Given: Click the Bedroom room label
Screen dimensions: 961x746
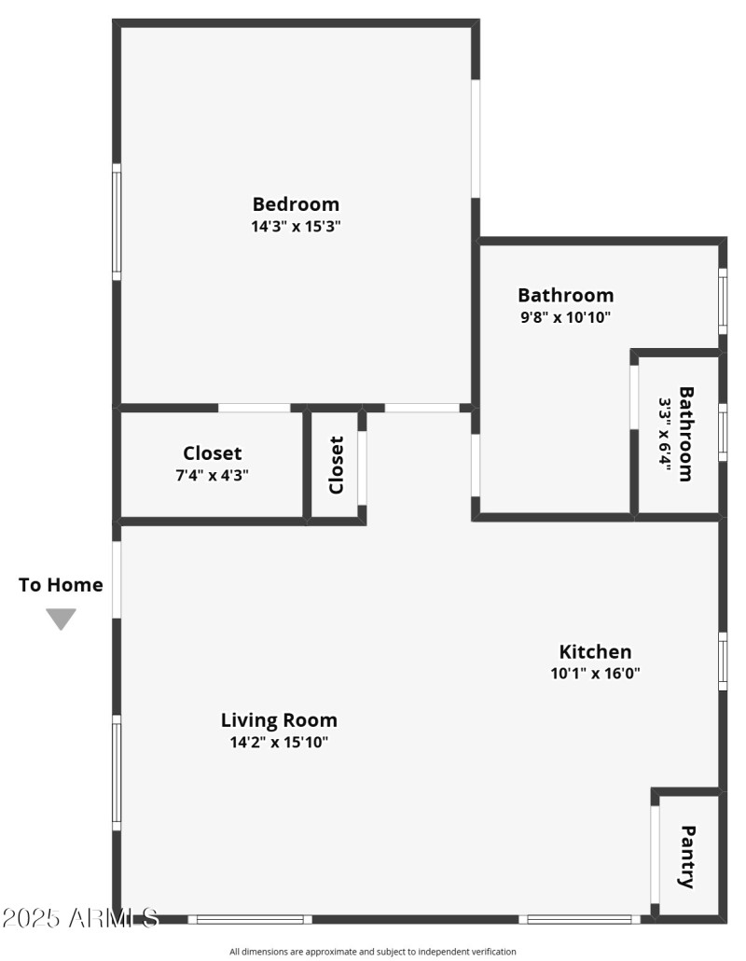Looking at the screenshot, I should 296,203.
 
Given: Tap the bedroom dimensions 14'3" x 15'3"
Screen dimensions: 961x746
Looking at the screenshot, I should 296,226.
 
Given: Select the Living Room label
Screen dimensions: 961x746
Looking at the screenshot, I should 279,720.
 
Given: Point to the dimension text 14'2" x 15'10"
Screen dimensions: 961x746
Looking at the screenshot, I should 279,743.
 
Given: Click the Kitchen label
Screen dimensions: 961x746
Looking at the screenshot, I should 595,651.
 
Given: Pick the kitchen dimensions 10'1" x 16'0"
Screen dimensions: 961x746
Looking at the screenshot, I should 595,673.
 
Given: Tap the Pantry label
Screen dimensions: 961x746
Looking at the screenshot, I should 687,856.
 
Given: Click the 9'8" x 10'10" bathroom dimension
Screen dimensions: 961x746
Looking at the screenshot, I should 565,317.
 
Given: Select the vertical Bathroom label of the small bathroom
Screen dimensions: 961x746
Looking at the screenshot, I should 686,434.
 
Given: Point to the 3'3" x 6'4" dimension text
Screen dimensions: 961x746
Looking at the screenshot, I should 665,435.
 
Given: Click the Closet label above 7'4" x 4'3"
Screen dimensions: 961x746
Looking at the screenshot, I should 213,453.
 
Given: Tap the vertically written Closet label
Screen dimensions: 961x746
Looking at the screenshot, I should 337,465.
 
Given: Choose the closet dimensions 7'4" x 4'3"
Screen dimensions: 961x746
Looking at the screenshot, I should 213,474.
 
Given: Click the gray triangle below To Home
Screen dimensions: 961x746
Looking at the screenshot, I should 61,619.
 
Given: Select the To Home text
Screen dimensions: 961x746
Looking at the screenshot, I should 61,585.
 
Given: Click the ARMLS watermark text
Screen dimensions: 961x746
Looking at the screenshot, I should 79,918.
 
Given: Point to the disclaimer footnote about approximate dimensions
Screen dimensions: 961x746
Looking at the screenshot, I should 372,952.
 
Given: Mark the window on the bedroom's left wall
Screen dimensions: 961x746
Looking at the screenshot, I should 117,222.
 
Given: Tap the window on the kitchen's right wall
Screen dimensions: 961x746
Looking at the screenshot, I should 723,662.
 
